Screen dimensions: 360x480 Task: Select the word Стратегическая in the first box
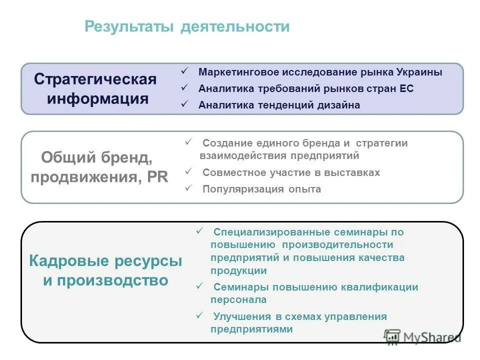click(95, 79)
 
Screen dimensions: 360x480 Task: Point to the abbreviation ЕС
click(406, 89)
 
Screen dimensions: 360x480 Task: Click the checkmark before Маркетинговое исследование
click(184, 71)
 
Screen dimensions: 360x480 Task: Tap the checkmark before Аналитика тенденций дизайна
click(184, 104)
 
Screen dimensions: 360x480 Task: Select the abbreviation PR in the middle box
click(157, 177)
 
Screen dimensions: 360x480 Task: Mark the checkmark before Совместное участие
click(188, 171)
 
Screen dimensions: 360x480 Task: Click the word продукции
click(238, 270)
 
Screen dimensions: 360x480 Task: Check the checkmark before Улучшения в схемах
click(199, 315)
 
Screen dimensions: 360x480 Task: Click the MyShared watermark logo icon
click(392, 336)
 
